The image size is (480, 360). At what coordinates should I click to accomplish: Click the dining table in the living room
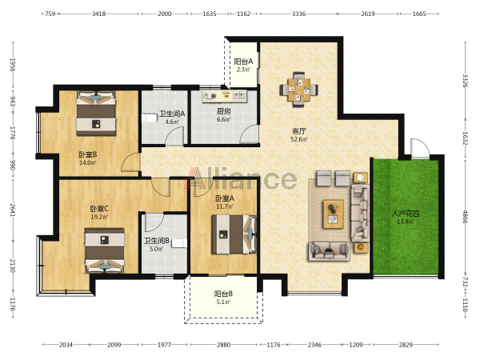tap(298, 90)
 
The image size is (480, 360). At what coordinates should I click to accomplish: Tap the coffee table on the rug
tap(333, 214)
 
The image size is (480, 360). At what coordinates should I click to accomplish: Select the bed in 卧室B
tap(96, 114)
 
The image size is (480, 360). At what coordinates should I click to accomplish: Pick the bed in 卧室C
tap(105, 250)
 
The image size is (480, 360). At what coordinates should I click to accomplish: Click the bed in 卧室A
tap(234, 234)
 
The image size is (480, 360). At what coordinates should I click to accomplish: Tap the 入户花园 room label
tap(406, 214)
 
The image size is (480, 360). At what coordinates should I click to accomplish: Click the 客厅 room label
tap(298, 131)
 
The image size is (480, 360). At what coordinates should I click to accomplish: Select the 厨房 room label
tap(224, 111)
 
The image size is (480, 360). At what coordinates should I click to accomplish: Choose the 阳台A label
tap(243, 62)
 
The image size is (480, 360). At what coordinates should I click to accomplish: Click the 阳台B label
tap(223, 294)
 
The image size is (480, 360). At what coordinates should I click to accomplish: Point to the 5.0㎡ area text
tap(156, 249)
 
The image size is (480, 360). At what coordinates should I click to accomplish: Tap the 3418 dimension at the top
tap(99, 14)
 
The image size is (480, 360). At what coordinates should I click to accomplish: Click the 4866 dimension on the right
tap(466, 217)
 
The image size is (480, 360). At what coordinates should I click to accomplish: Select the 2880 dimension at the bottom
tap(223, 345)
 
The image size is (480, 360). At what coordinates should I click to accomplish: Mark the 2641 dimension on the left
tap(12, 210)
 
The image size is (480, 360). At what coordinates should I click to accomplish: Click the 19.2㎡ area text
tap(99, 217)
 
